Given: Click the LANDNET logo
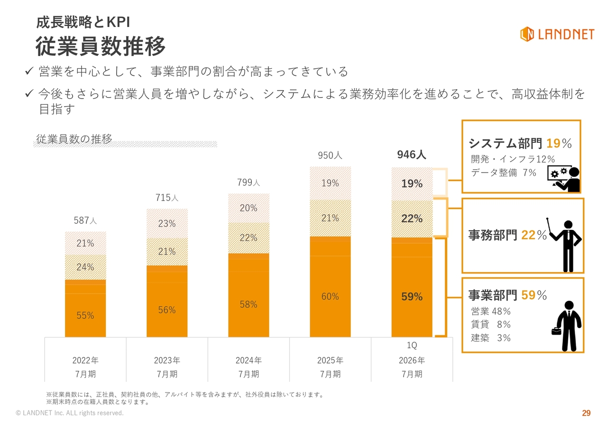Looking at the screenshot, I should pos(557,34).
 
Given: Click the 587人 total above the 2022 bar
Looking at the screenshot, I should pos(85,220).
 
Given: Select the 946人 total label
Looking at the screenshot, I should pos(412,155).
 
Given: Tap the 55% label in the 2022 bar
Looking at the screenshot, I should pos(85,315).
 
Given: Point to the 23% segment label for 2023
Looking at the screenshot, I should pos(167,223).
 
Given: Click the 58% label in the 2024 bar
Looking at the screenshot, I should pos(248,304).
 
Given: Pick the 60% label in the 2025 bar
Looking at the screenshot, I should pos(330,296).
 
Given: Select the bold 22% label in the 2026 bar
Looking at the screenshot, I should pos(412,219).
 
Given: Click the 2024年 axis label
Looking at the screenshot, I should pos(248,360).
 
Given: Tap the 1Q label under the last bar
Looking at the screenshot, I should pos(412,346).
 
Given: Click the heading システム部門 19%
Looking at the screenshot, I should pos(520,143).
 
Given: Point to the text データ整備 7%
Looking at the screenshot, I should pos(504,173).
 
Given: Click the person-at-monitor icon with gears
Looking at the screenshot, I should pos(564,179).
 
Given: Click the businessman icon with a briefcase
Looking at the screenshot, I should pos(567,327).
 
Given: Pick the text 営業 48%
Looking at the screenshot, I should pos(491,311).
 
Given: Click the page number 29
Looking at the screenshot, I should pos(586,413).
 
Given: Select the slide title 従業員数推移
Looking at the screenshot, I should pos(101,46).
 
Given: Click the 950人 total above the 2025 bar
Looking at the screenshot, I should pos(330,155).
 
